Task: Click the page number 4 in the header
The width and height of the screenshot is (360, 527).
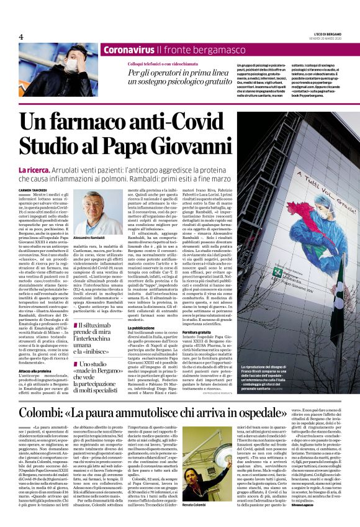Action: pyautogui.click(x=20, y=36)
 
